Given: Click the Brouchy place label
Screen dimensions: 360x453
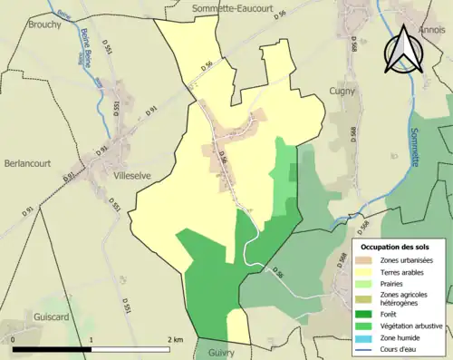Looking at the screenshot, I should [x=44, y=24].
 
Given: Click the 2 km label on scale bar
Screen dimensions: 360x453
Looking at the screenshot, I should [x=175, y=339].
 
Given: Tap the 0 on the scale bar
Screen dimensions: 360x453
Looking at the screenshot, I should [x=15, y=339].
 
